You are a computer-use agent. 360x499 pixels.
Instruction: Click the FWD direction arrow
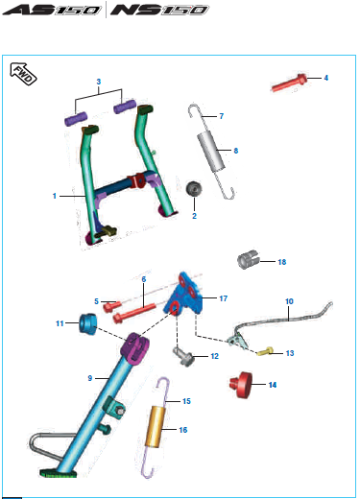(23, 74)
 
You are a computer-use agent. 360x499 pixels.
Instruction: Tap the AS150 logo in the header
(52, 10)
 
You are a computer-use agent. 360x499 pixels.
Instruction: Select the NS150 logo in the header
(159, 10)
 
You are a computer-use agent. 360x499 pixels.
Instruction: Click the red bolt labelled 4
(289, 83)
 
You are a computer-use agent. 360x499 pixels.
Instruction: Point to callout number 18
(282, 262)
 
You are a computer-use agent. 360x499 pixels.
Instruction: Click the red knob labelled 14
(241, 385)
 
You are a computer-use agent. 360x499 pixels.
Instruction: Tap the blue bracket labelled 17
(184, 295)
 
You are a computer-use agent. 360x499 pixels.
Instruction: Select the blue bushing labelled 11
(88, 324)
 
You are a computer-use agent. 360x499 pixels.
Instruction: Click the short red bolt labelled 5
(111, 306)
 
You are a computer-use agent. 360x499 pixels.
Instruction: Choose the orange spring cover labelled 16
(156, 426)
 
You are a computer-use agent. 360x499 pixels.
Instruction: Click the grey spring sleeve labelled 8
(211, 152)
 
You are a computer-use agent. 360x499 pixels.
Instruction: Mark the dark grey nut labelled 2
(194, 188)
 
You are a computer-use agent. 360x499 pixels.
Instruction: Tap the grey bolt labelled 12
(183, 357)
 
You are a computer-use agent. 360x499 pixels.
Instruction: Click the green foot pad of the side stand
(59, 472)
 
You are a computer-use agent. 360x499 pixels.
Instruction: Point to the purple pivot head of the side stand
(135, 347)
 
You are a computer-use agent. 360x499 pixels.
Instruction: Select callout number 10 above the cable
(289, 301)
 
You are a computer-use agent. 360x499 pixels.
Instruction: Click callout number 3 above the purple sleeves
(99, 82)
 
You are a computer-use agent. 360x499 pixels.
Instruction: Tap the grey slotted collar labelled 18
(249, 260)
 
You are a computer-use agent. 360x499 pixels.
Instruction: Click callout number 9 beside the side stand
(90, 378)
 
